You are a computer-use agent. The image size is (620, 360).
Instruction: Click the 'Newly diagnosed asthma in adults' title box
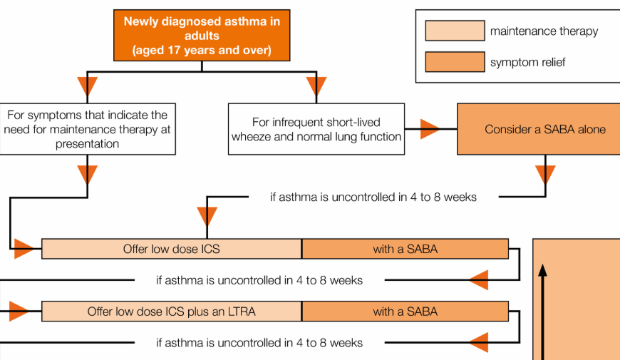coord(202,35)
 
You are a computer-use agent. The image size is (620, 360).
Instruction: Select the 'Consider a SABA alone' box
coord(539,129)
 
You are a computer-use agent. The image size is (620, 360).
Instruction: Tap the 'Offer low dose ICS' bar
coord(172,249)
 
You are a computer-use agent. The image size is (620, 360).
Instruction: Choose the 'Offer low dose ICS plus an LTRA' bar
coord(172,312)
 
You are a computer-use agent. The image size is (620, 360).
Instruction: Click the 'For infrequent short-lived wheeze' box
coord(316,129)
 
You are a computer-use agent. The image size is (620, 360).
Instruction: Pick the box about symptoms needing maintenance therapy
coord(88,129)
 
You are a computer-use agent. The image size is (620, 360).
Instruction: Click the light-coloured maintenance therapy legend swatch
coord(455,31)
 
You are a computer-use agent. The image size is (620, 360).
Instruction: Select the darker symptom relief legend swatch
coord(455,62)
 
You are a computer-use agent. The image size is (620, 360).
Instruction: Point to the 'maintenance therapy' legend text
coord(544,31)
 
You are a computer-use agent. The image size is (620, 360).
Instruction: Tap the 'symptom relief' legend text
coord(528,63)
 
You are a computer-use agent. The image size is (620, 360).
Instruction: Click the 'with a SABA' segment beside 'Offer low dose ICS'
coord(405,249)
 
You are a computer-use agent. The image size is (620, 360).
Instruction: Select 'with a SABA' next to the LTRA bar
coord(405,312)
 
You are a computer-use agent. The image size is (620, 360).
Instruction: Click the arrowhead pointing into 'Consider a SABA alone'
coord(430,129)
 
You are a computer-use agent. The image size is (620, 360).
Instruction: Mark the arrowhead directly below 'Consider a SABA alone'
coord(546,175)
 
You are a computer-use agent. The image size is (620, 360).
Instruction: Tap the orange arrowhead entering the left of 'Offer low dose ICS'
coord(24,249)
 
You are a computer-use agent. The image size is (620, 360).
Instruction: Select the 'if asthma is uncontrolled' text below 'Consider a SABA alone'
coord(373,197)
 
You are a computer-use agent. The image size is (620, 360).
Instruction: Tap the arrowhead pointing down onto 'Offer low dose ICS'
coord(207,217)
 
